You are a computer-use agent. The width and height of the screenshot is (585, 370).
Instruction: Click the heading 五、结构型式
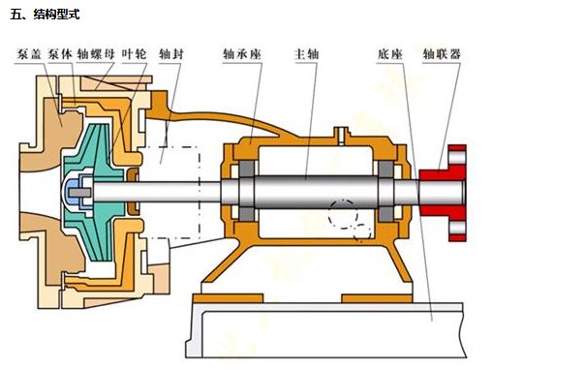45,15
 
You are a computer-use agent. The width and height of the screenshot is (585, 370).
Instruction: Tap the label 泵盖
29,54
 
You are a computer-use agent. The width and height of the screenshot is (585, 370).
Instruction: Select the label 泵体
60,54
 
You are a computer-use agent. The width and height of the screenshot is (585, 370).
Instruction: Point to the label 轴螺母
96,54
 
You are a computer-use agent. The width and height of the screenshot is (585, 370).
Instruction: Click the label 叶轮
135,54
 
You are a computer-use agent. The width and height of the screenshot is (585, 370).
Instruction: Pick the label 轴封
171,54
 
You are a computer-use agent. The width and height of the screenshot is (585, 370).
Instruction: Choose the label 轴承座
242,54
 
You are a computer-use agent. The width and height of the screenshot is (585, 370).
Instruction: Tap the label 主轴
307,54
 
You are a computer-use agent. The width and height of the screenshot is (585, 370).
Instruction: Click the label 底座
390,54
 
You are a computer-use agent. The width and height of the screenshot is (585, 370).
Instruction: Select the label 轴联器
442,54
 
